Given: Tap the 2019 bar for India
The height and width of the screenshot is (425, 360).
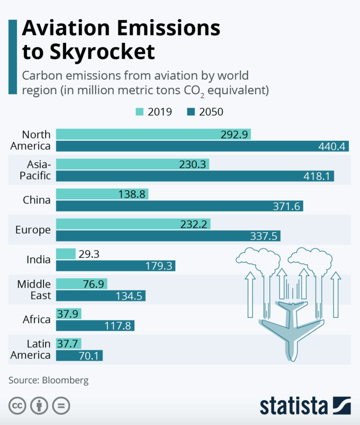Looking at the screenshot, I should click(66, 254).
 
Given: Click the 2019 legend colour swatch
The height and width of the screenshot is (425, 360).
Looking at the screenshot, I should click(140, 112).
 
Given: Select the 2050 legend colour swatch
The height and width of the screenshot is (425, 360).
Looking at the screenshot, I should click(190, 112).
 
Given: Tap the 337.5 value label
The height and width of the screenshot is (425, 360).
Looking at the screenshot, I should click(263, 236).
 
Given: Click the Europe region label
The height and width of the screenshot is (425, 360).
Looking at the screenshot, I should click(33, 230).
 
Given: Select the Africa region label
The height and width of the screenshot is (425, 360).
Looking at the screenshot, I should click(36, 319).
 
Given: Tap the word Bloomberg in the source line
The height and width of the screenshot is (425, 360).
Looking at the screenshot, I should click(66, 380).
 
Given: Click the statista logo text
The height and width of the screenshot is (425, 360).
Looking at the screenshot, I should click(293, 406).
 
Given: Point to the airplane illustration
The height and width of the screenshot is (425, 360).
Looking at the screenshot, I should click(292, 326).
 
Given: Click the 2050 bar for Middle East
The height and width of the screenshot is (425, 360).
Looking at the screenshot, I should click(100, 295).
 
